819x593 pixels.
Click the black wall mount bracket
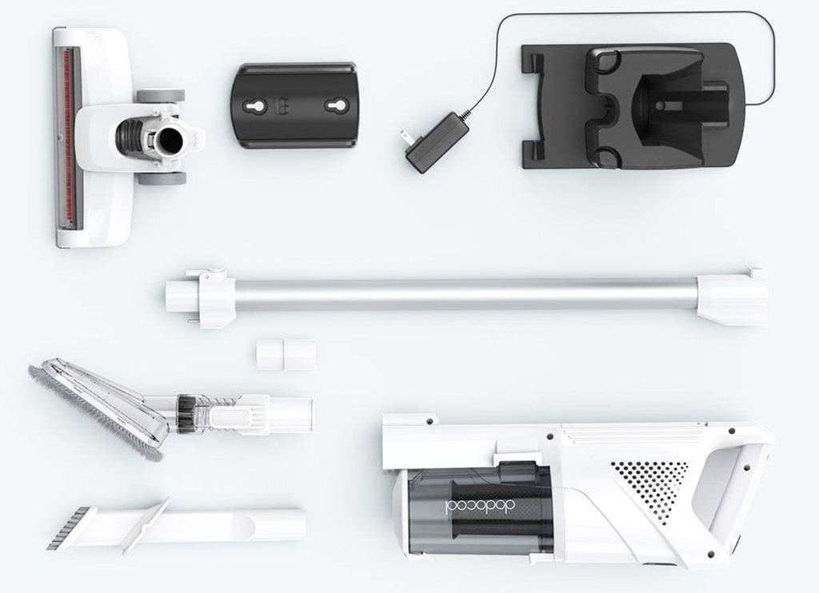[294, 106]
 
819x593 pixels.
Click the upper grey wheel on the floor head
[161, 96]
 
